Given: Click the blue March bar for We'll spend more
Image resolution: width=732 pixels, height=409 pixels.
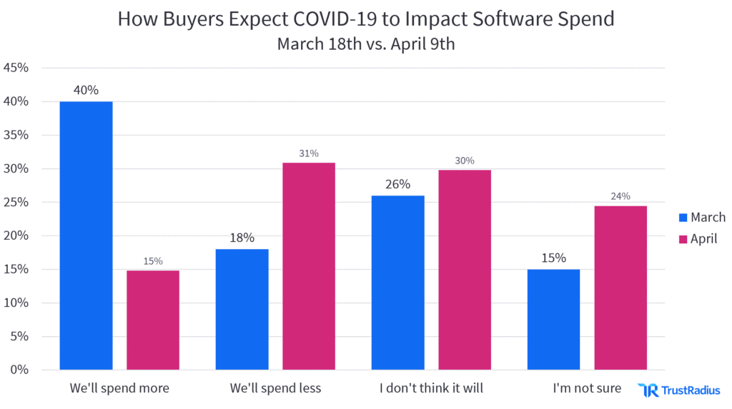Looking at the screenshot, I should tap(86, 236).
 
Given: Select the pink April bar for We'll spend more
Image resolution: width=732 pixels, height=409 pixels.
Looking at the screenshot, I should tap(153, 320).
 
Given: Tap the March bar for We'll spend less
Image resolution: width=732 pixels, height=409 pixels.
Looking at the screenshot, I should tap(242, 309).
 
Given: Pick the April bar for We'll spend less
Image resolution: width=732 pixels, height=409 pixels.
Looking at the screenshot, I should tap(309, 266).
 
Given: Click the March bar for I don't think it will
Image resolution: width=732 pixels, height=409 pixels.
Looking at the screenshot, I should tap(397, 283).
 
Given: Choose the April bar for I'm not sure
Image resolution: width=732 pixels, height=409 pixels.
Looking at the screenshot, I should tap(620, 288).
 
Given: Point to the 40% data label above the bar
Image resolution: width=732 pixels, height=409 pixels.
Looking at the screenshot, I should tap(86, 91).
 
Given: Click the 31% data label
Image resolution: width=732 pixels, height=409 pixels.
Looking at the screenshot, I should tap(309, 153).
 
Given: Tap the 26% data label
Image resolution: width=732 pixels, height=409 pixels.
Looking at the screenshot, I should tap(397, 184).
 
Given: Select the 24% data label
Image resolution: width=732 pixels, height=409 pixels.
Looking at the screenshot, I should tap(620, 196).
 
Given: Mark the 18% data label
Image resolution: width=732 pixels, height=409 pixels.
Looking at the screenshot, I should tap(242, 238).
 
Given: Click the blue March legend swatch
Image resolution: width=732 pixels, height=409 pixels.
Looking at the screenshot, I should tap(682, 218).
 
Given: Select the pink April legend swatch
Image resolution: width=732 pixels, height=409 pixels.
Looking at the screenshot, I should tap(682, 239).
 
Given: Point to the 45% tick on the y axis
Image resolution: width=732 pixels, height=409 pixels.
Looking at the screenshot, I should tap(16, 69).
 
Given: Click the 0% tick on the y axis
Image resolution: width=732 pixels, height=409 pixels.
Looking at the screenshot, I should tap(19, 370).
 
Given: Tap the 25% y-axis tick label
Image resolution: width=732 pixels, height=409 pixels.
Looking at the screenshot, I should tap(16, 203).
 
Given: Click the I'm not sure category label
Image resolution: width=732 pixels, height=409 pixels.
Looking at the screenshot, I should tap(587, 389).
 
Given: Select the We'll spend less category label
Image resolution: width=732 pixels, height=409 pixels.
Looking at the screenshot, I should tap(275, 389).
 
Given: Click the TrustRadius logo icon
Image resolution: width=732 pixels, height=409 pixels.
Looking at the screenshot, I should tap(648, 390).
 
